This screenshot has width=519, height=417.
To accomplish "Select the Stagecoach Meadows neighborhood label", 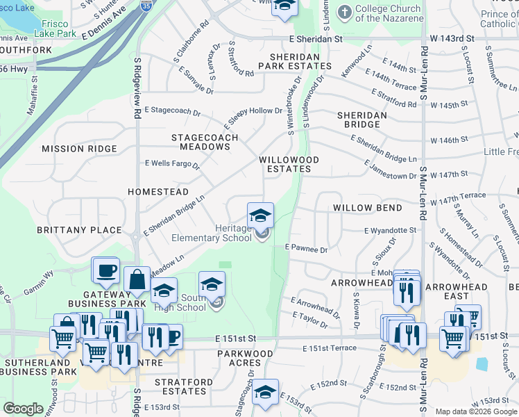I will click(205, 142).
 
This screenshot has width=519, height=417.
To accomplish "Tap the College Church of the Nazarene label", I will click(388, 13).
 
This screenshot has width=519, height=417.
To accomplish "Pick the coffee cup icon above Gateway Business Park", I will click(105, 270).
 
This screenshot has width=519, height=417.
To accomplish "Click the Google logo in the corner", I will click(23, 409).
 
